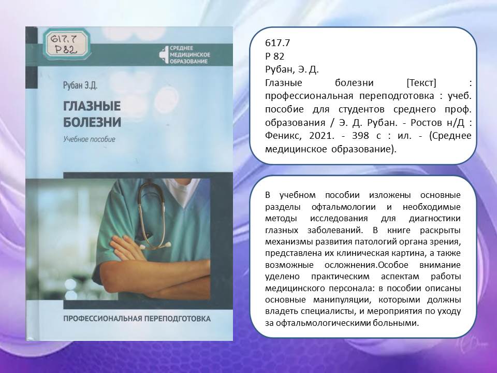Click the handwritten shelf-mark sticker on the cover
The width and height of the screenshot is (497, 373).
[67, 44]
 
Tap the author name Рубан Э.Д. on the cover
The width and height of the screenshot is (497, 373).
[80, 85]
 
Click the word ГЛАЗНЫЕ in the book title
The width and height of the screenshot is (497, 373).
[92, 106]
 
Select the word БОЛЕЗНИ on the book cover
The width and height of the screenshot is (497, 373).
[92, 122]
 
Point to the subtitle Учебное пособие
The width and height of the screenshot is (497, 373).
[89, 139]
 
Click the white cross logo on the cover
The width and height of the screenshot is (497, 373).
[164, 54]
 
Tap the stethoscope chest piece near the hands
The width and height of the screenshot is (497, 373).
[164, 245]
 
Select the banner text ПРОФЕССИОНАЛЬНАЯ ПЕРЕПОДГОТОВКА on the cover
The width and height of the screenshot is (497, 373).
[137, 319]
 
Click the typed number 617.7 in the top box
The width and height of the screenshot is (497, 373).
[277, 43]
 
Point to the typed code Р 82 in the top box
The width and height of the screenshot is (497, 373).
[274, 56]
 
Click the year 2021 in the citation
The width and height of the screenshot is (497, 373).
[321, 136]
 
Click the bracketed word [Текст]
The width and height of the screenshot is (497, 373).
[421, 83]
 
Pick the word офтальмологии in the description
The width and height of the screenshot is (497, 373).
[344, 207]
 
